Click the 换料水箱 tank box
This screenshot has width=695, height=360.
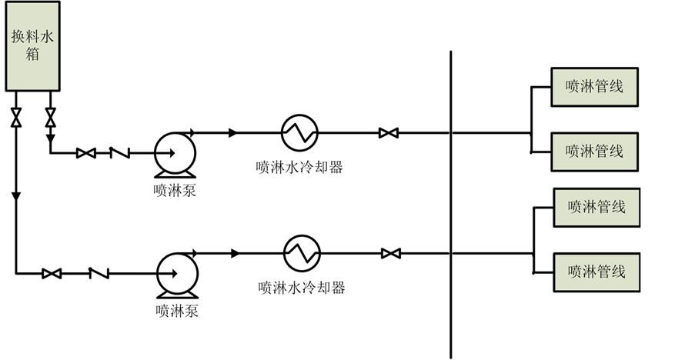pyautogui.click(x=32, y=46)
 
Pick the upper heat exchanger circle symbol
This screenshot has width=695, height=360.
pyautogui.click(x=299, y=133)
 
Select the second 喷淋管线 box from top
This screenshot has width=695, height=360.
pyautogui.click(x=594, y=151)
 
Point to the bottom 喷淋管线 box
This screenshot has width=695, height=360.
pyautogui.click(x=596, y=271)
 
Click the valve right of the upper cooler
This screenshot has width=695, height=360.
pyautogui.click(x=388, y=133)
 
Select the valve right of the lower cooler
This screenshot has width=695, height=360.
pyautogui.click(x=390, y=253)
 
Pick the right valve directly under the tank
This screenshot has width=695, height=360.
pyautogui.click(x=51, y=118)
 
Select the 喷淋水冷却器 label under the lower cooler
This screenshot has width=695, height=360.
pyautogui.click(x=301, y=288)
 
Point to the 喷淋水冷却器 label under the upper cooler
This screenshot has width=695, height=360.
pyautogui.click(x=299, y=167)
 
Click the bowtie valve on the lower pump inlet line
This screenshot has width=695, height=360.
pyautogui.click(x=52, y=273)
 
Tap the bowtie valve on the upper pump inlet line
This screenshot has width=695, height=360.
pyautogui.click(x=85, y=153)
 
